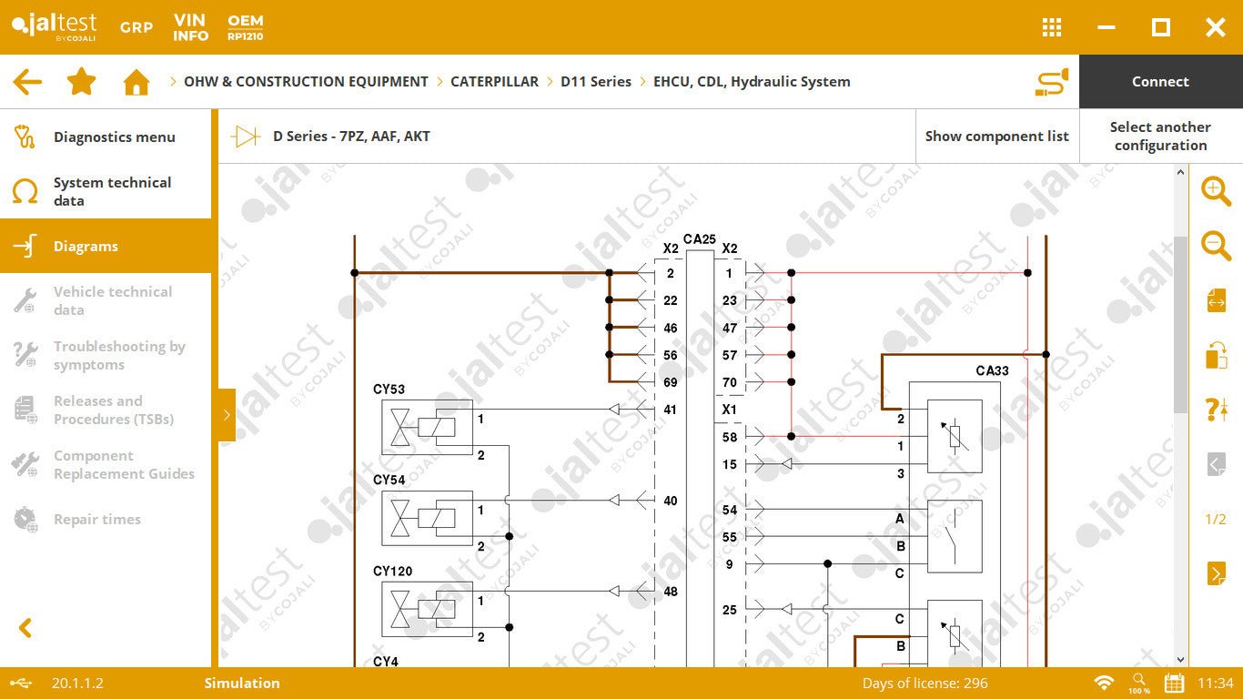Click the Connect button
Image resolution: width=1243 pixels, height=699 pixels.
coord(1160,82)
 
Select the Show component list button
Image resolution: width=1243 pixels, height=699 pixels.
coord(996,137)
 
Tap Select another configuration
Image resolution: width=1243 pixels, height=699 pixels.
coord(1160,137)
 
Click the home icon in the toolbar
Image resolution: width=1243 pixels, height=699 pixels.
coord(136,82)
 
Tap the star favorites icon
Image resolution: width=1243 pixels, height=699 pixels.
coord(82,82)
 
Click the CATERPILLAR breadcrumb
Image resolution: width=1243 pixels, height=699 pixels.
coord(494,82)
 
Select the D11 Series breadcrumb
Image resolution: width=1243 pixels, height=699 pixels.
coord(595,82)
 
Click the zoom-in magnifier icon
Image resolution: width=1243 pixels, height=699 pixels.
coord(1216,191)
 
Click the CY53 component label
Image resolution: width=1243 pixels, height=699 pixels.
coord(389,390)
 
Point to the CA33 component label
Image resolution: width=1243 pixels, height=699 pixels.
coord(992,370)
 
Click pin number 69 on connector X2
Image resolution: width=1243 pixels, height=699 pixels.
coord(670,382)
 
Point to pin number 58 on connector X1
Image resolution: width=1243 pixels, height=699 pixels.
coord(730,437)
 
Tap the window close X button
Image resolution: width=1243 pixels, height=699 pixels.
coord(1215,27)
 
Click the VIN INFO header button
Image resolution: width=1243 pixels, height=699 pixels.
coord(191,27)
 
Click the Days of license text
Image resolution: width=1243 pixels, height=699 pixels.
coord(925,684)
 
